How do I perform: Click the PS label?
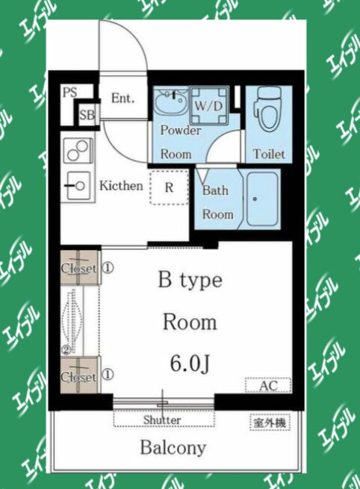tap(70, 93)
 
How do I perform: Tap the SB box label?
tap(87, 115)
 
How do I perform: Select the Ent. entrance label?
tap(123, 99)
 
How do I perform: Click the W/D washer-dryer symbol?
tap(209, 106)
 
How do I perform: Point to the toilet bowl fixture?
tap(268, 109)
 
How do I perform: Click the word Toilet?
tap(269, 154)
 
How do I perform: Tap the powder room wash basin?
tap(170, 103)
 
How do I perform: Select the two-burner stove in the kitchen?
tap(78, 151)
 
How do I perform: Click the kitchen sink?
tap(77, 186)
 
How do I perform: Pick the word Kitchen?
tap(121, 186)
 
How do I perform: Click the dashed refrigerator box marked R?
tap(170, 187)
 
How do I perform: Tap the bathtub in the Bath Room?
tap(262, 199)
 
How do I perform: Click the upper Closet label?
tap(78, 268)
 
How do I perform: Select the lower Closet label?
tap(78, 377)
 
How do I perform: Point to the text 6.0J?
tap(190, 364)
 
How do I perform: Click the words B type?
tap(190, 281)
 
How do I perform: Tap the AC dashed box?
tap(268, 385)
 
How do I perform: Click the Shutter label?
tap(162, 420)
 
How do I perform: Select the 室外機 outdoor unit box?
tap(270, 423)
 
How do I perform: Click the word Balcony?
tap(173, 448)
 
